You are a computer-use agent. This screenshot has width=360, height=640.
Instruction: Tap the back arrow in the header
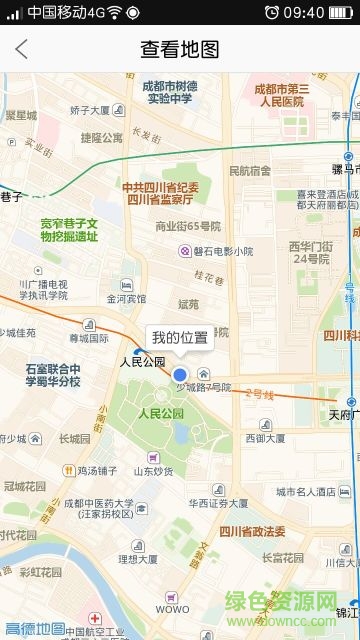(21, 49)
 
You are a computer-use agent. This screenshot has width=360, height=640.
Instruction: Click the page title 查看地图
(179, 49)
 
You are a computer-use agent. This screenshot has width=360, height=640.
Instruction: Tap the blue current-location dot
(180, 373)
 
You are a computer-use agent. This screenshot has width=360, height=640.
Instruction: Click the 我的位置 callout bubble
(180, 337)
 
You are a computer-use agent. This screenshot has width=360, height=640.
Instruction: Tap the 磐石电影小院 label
(222, 251)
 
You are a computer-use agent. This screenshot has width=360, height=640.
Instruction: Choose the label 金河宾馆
(126, 298)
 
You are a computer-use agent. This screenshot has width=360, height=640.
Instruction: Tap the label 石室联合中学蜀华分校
(54, 375)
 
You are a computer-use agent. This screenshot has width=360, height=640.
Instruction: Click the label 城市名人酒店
(306, 492)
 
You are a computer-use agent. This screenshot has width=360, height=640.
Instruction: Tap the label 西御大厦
(267, 438)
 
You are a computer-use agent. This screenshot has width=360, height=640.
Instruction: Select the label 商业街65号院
(187, 227)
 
